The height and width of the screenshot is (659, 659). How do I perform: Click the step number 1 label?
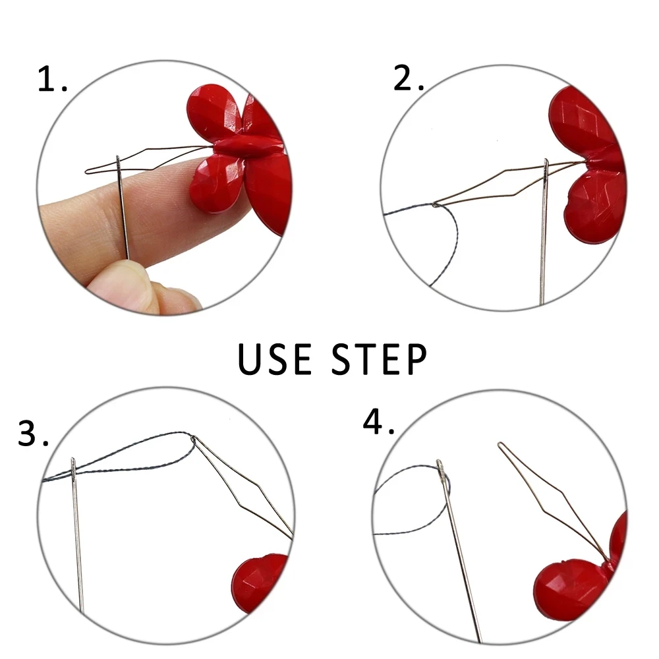tap(52, 80)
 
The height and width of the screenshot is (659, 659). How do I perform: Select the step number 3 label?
tap(33, 433)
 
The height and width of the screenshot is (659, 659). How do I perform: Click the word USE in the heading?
tap(274, 359)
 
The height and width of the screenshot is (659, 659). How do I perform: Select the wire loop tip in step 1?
tap(90, 171)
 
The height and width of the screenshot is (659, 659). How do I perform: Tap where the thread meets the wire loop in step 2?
tap(436, 206)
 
